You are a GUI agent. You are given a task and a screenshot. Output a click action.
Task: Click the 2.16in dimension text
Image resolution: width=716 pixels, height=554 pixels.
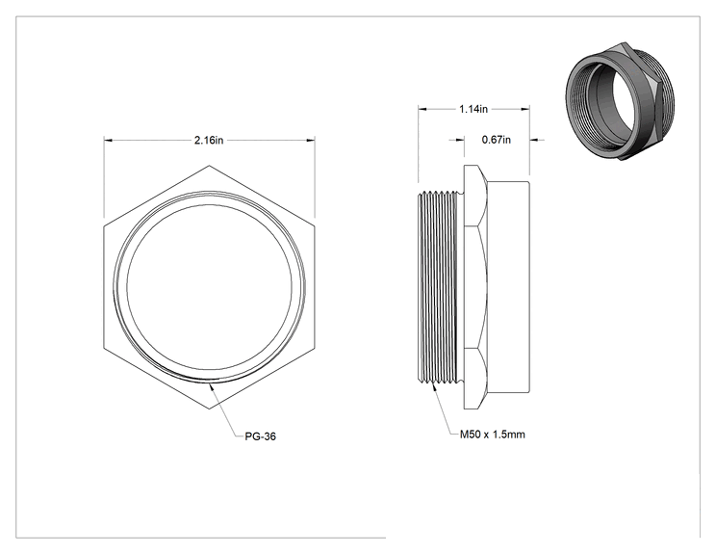point(209,140)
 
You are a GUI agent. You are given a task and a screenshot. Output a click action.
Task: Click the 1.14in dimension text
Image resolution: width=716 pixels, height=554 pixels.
point(473,109)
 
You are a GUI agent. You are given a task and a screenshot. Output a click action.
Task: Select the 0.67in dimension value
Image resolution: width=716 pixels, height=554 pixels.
point(497,140)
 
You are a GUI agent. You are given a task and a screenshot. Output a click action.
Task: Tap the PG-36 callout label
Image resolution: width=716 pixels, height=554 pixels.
point(260,436)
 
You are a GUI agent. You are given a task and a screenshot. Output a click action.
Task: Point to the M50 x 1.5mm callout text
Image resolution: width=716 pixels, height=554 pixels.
point(493,435)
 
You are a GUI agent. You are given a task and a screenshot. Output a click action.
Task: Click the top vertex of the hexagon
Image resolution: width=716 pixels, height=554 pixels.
point(209,166)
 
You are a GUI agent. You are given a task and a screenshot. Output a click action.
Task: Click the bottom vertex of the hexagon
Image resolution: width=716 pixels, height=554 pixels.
point(209,409)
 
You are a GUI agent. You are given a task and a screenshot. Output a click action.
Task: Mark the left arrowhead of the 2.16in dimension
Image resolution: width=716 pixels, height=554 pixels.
point(108,140)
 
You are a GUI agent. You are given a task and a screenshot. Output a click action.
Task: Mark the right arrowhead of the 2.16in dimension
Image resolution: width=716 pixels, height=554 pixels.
point(311,140)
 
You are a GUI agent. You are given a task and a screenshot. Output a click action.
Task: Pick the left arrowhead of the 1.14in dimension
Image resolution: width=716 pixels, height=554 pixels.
point(422,109)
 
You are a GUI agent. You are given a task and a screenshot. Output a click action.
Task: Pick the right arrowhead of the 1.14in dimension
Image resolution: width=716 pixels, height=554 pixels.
point(525,109)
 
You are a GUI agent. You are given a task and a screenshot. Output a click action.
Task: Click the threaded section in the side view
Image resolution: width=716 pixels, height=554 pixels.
point(439,287)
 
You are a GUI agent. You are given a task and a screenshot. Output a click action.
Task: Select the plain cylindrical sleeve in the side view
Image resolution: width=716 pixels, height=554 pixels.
point(508,286)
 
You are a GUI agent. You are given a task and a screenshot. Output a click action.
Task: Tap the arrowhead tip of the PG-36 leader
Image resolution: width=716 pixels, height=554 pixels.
point(210,384)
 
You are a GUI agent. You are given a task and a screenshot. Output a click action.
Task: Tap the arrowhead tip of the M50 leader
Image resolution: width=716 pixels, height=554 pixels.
point(432,383)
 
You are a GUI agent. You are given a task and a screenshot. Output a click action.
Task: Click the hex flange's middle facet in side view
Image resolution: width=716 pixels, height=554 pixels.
point(475,286)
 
